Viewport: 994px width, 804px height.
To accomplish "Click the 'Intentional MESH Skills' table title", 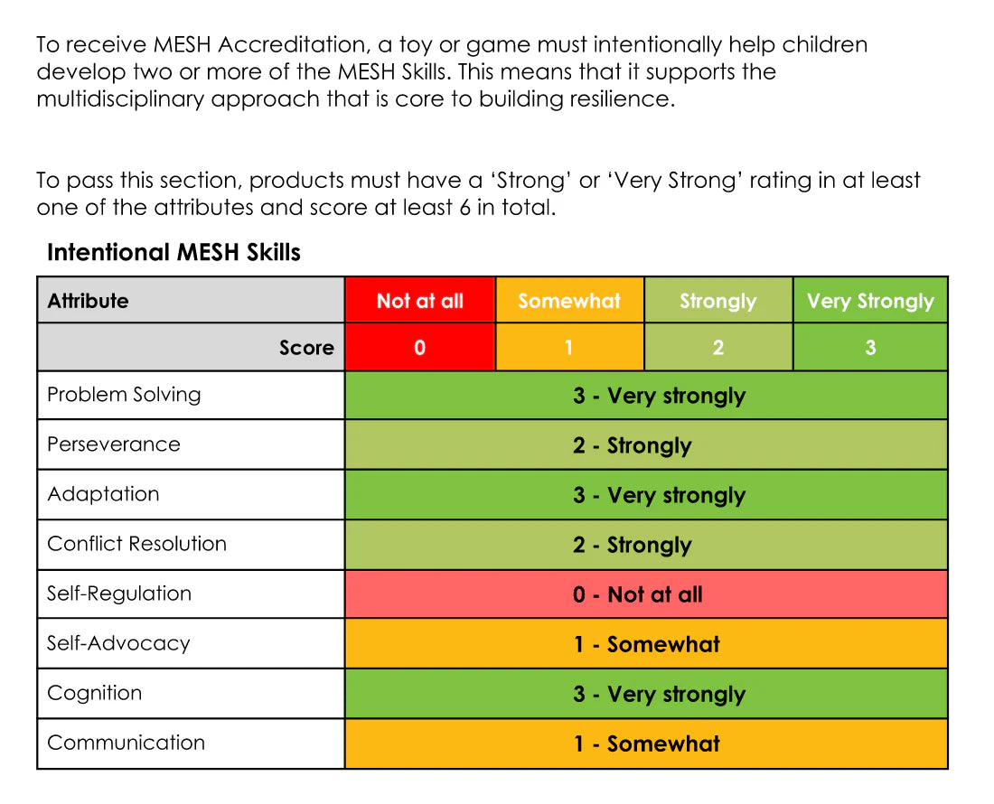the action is [173, 252].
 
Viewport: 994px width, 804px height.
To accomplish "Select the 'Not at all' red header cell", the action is [419, 300].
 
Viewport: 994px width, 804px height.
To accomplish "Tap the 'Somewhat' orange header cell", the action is [569, 300].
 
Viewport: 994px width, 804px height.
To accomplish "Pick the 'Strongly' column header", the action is [718, 300].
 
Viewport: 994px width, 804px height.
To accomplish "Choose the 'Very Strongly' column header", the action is [870, 300].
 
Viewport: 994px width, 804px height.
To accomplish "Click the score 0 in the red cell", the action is [419, 347].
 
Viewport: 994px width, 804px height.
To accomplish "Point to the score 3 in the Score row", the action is [870, 347].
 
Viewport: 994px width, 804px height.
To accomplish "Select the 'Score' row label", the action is [307, 347].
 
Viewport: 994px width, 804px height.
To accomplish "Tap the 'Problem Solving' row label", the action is [124, 395].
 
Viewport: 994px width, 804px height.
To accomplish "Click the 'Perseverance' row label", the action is [114, 444].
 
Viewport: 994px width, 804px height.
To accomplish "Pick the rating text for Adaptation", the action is [660, 495].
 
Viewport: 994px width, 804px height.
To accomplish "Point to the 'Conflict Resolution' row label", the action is [136, 544].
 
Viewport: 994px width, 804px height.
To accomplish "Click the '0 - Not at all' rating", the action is [638, 594].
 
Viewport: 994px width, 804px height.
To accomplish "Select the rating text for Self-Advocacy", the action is [647, 644].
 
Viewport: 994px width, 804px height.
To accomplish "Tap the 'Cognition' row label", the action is [95, 693].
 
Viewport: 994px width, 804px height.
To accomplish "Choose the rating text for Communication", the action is [647, 743].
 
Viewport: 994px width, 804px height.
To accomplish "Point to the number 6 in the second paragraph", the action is [464, 208].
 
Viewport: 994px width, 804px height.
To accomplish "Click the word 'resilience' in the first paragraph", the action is [622, 98].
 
